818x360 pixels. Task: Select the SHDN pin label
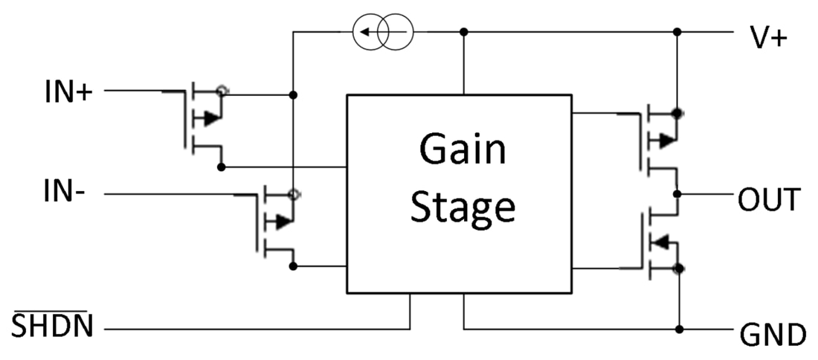51,328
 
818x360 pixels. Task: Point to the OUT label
769,200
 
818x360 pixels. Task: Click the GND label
773,335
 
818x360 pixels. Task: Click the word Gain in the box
462,150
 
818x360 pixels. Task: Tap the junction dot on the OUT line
677,193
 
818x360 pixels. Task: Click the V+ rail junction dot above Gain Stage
464,32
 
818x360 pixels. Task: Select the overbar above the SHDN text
51,312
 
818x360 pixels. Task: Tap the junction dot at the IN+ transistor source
294,95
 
